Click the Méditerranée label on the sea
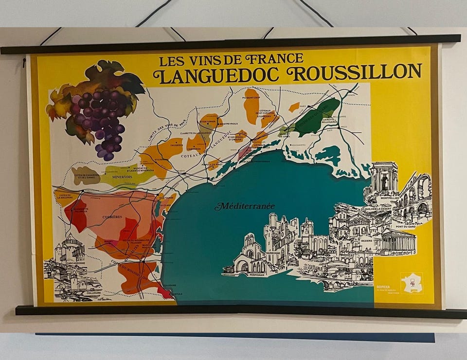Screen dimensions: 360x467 [245, 206]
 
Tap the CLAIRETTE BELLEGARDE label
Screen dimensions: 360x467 [329, 120]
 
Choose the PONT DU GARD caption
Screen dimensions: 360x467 [405, 227]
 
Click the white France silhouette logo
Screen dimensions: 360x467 [412, 283]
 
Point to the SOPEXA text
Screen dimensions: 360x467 [383, 287]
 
